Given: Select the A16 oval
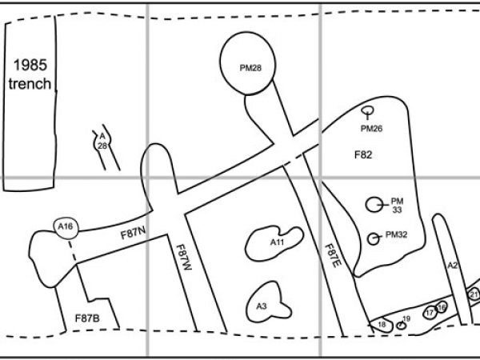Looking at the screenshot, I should [x=66, y=227].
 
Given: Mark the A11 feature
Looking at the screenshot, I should [x=275, y=242].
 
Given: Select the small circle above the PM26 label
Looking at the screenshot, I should [x=368, y=111].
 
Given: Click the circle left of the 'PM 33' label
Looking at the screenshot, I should [x=374, y=205].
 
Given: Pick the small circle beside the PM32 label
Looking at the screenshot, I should [x=373, y=238].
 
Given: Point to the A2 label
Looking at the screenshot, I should [x=451, y=265].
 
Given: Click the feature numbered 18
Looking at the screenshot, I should [x=382, y=323].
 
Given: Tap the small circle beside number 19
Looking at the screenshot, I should [x=402, y=324].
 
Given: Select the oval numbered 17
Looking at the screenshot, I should [x=430, y=312].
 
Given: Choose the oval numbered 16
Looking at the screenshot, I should [x=442, y=308].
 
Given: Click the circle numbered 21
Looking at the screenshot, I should [x=474, y=294].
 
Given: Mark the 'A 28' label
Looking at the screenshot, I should [x=102, y=141].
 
